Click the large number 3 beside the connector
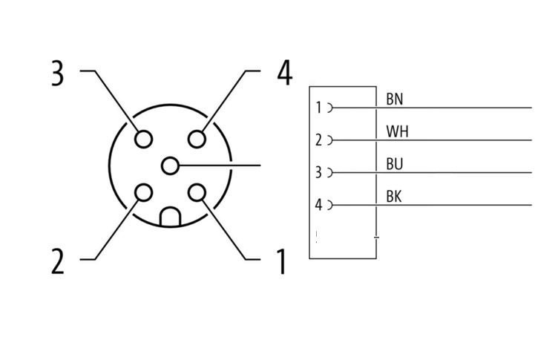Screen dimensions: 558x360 click(58, 73)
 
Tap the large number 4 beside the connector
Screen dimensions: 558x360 click(285, 73)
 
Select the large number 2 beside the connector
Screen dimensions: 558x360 click(58, 261)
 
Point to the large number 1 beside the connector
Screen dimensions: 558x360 click(281, 262)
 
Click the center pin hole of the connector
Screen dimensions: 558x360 click(170, 166)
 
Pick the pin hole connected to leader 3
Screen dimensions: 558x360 click(144, 139)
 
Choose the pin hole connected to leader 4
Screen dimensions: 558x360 click(197, 139)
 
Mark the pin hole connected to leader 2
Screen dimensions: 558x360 click(144, 193)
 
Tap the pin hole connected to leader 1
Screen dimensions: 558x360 click(197, 193)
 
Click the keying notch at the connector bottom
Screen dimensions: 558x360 click(171, 217)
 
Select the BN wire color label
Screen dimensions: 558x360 click(394, 99)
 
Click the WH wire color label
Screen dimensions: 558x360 click(397, 131)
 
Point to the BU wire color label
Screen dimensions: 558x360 click(394, 164)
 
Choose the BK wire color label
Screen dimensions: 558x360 click(393, 197)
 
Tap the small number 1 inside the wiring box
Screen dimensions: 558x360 click(318, 108)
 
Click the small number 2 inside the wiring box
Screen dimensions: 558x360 click(318, 140)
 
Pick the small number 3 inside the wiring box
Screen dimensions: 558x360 click(318, 172)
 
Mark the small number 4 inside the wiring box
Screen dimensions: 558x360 click(318, 205)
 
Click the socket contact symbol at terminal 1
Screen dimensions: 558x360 click(329, 108)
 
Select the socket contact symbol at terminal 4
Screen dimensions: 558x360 click(329, 205)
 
